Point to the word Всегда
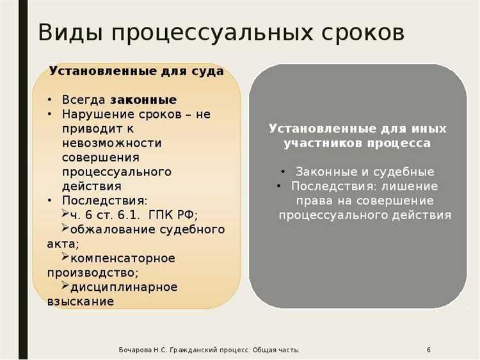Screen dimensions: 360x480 coord(84,100)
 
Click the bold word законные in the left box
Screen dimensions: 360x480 coord(143,100)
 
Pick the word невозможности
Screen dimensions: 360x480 coord(112,143)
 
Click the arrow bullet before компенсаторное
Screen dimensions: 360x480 coord(65,258)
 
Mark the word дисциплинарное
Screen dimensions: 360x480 coord(124,286)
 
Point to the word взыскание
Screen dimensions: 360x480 coord(81,301)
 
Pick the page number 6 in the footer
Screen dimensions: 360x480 coord(428,350)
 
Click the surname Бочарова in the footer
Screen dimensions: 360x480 coord(135,350)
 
